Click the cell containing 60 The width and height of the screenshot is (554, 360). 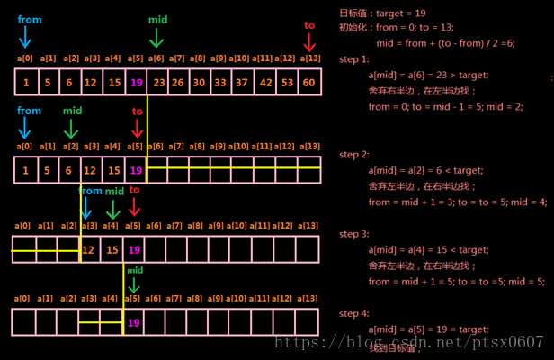tap(308, 84)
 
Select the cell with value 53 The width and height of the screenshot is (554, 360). tap(287, 84)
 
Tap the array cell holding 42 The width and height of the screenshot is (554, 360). tap(264, 84)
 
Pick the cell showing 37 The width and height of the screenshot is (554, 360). tap(243, 84)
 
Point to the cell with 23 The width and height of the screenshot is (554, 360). tap(157, 84)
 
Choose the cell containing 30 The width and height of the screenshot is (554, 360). tap(200, 84)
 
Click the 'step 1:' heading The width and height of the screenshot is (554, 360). tap(354, 59)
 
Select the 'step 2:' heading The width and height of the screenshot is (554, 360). tap(354, 155)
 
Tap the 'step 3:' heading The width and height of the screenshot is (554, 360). tap(354, 234)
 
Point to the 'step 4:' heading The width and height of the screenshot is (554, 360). tap(354, 313)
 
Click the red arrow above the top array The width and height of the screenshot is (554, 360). tap(309, 41)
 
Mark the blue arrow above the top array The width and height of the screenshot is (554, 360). tap(25, 36)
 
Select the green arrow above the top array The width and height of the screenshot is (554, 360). tap(157, 36)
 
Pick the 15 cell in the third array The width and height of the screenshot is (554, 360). tap(112, 249)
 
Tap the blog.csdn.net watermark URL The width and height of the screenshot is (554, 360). tap(408, 342)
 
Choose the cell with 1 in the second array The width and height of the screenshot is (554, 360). tap(26, 170)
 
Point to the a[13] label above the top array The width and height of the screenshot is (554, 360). tap(308, 58)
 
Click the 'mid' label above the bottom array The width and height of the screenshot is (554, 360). tap(135, 269)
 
